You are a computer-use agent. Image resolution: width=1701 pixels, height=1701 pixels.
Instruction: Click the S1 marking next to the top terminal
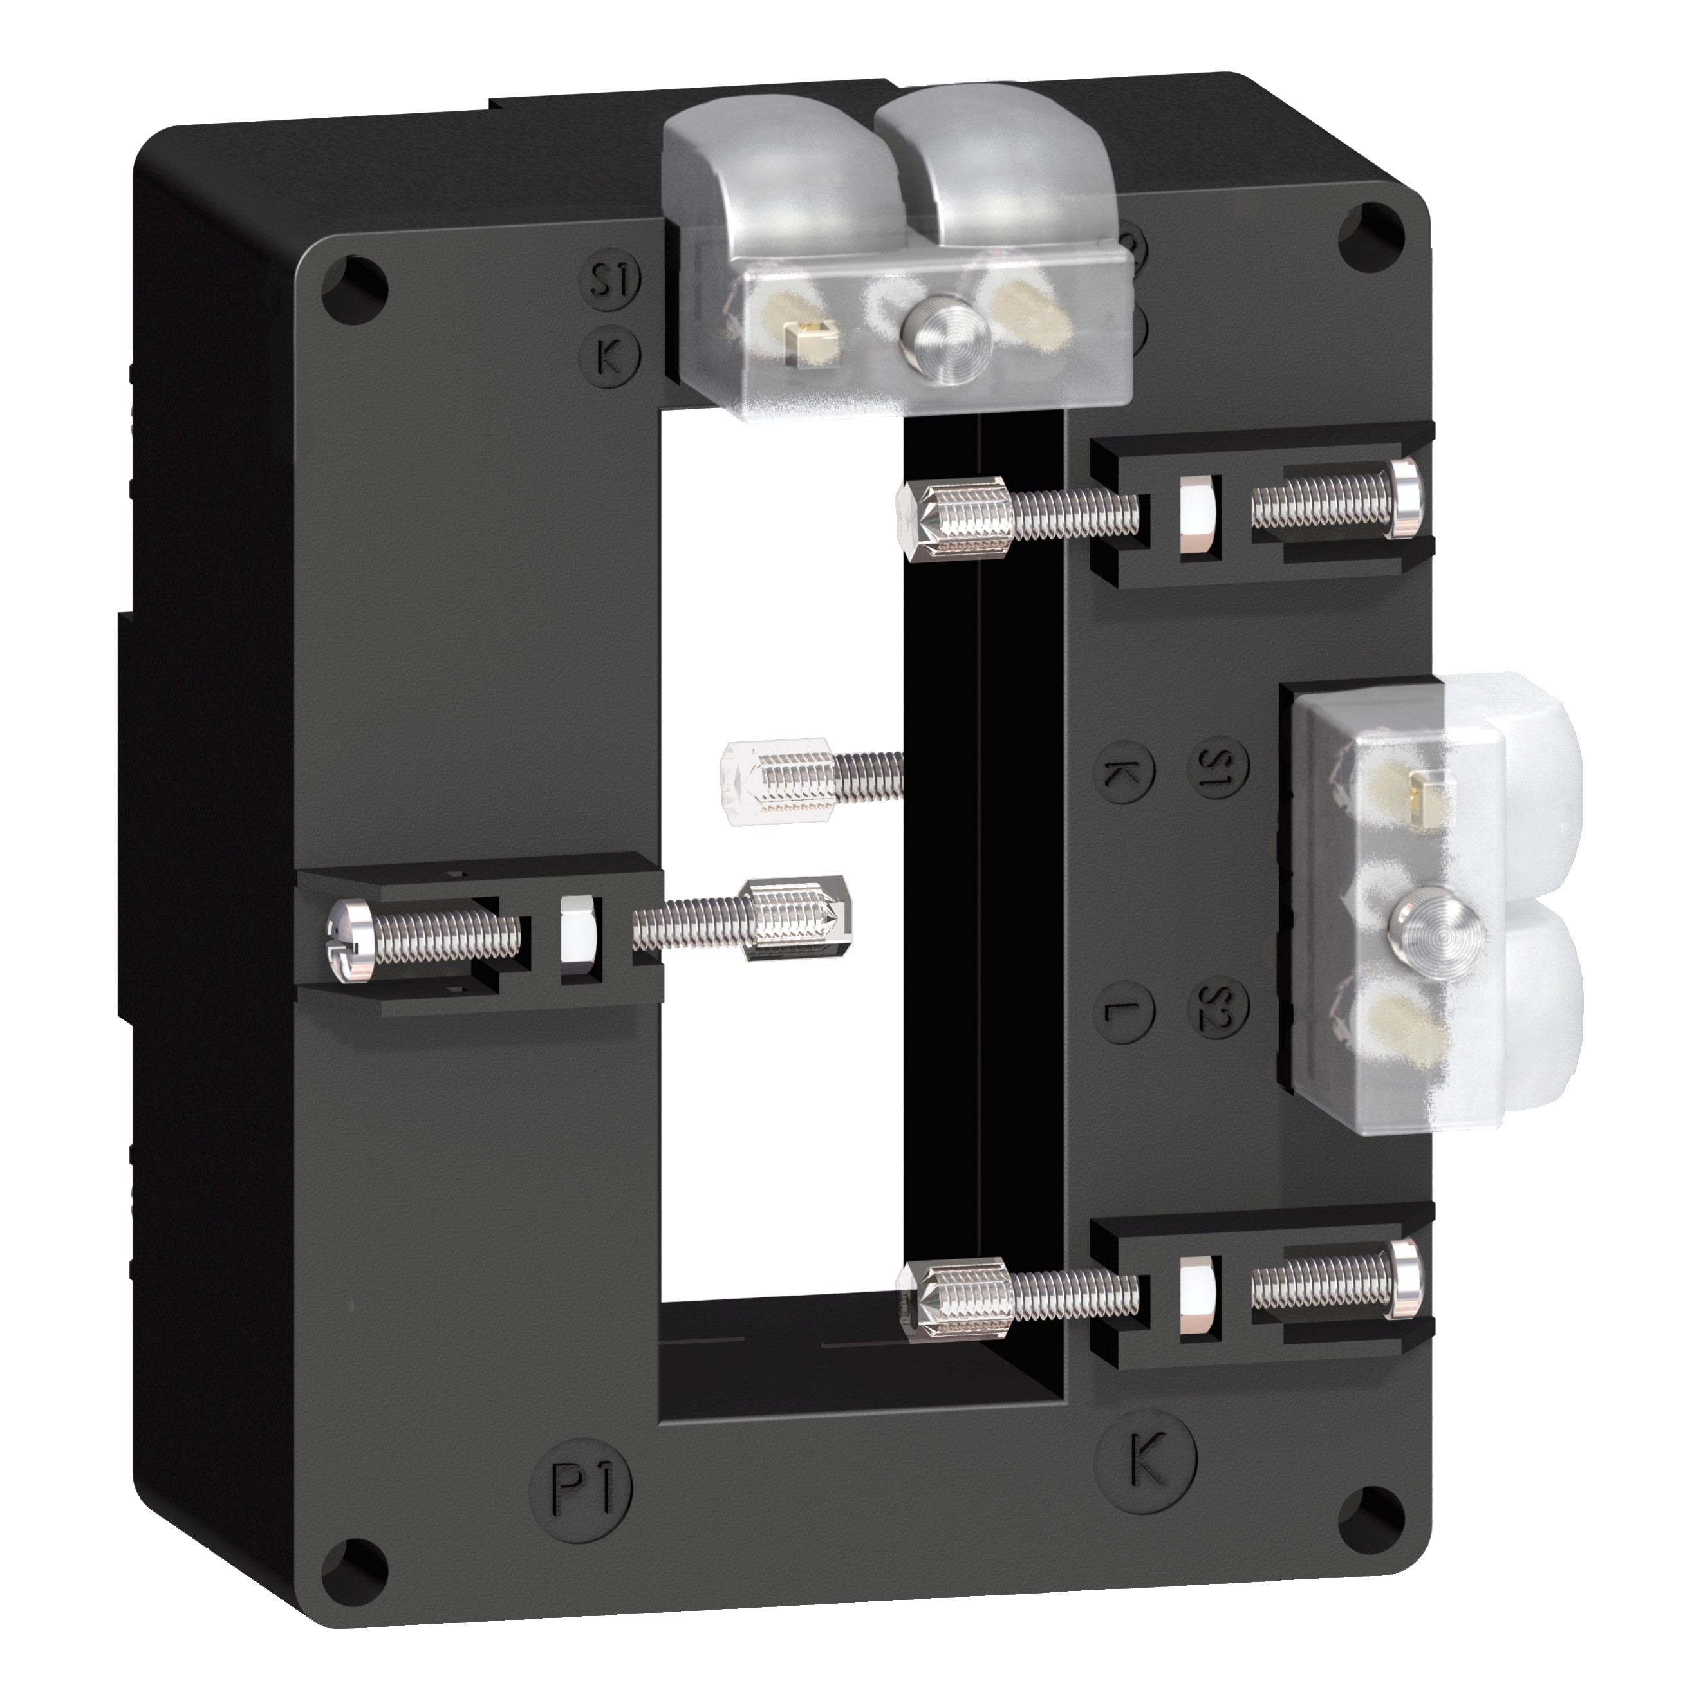coord(609,281)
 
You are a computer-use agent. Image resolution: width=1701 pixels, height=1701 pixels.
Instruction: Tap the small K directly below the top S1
coord(609,354)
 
